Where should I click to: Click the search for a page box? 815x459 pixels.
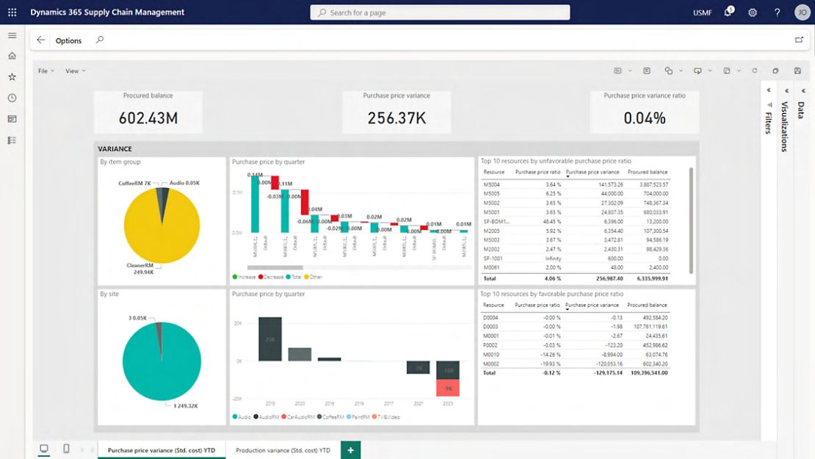(441, 12)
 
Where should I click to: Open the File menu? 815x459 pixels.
(43, 71)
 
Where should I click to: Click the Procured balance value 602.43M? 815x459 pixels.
(148, 118)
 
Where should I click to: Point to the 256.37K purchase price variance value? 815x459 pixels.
(396, 118)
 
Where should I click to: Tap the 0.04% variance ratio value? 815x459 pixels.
(645, 118)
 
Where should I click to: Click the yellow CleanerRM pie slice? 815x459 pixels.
(162, 228)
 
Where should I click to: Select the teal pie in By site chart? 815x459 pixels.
(162, 360)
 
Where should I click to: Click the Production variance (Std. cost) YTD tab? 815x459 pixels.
(283, 450)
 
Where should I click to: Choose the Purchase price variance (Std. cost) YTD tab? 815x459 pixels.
(162, 450)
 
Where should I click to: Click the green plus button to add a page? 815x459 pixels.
(350, 450)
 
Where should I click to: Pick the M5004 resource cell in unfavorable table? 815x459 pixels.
(491, 184)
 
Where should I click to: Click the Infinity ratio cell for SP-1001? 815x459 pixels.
(551, 258)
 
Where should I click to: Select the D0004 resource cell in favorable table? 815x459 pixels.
(491, 317)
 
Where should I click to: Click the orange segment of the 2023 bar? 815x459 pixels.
(447, 388)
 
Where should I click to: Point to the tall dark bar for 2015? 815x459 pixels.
(269, 339)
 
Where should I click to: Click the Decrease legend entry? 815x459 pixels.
(272, 277)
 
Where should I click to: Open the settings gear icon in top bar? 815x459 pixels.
(753, 12)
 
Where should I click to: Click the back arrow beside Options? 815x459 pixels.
(41, 40)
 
